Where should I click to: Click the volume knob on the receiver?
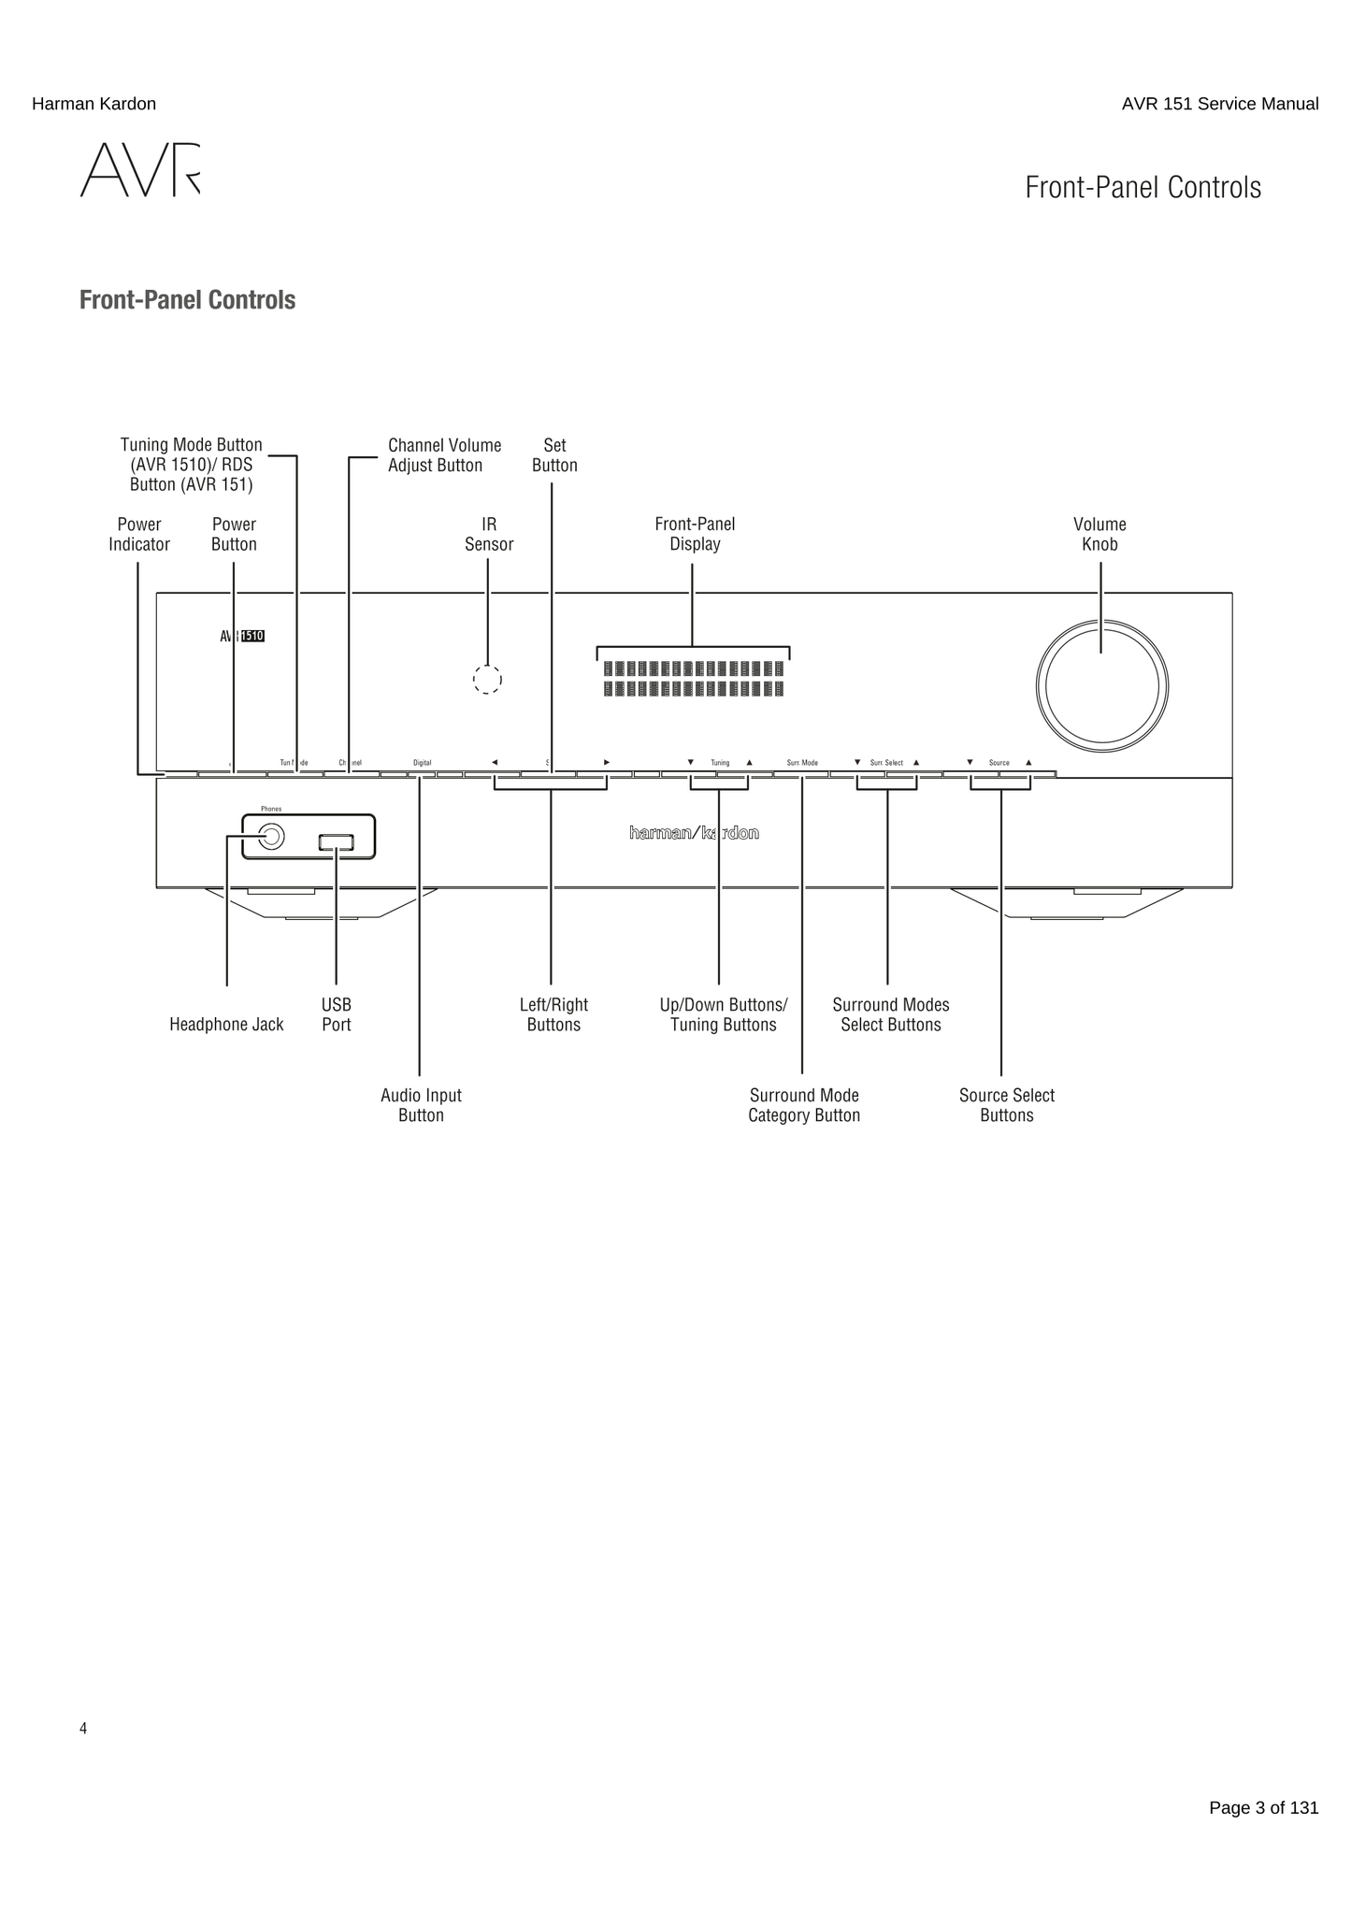(1101, 687)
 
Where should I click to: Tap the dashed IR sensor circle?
(487, 680)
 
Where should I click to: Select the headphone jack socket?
(271, 836)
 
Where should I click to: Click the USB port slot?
(337, 842)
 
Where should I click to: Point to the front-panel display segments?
(693, 679)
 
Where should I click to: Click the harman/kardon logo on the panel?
(694, 833)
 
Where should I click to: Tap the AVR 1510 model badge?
(242, 637)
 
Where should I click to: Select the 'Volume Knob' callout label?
(1099, 535)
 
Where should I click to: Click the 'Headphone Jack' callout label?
(226, 1025)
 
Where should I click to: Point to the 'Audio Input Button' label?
(421, 1105)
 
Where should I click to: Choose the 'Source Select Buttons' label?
(1006, 1105)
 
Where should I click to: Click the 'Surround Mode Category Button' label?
(804, 1105)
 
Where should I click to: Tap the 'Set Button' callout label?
(554, 455)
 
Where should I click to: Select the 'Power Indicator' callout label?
(139, 535)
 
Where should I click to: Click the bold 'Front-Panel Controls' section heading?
(187, 300)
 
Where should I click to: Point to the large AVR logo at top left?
(140, 170)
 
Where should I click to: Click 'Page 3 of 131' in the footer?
(1263, 1807)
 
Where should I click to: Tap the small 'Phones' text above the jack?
(271, 809)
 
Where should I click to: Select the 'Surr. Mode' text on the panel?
(802, 763)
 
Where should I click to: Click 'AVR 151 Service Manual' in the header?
(1219, 104)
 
